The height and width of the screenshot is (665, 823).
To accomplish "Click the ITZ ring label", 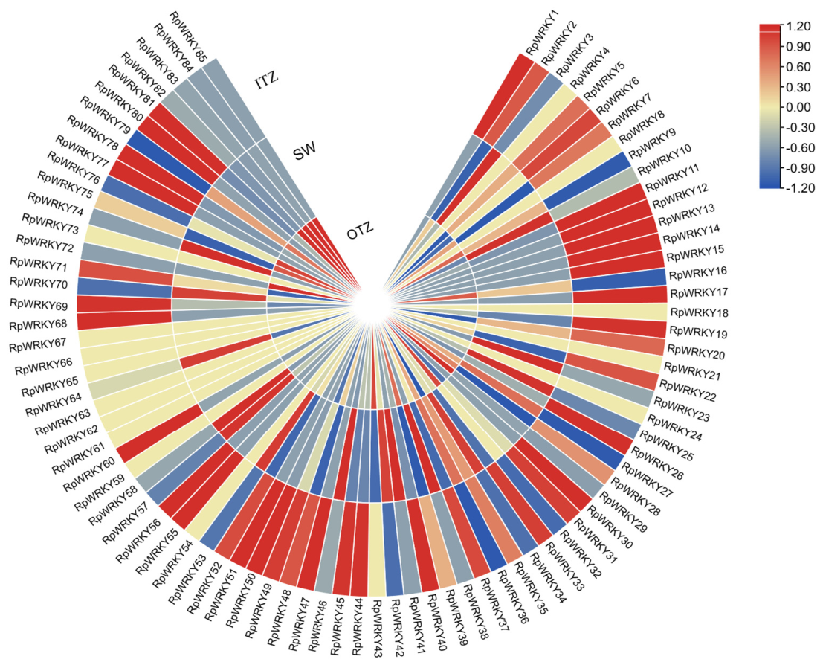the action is point(267,81).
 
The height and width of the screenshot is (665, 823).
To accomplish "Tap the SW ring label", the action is point(304,152).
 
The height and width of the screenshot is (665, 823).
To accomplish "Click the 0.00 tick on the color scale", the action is point(798,108).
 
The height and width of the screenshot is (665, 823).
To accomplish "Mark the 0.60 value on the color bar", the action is point(798,67).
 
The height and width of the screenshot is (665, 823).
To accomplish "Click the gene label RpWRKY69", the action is point(39,305).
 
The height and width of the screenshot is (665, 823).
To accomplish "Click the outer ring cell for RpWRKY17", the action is point(619,294).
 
